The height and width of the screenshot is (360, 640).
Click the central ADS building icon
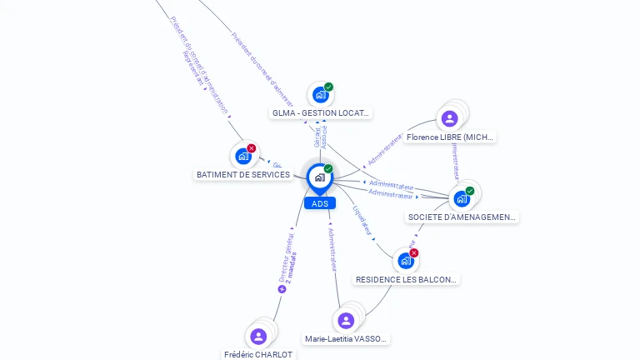pyautogui.click(x=319, y=177)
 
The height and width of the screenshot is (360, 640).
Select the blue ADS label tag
pyautogui.click(x=320, y=203)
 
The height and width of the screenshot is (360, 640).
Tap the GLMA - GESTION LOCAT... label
pyautogui.click(x=321, y=112)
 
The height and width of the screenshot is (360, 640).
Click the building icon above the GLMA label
pyautogui.click(x=320, y=95)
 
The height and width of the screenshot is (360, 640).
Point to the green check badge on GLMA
pyautogui.click(x=329, y=87)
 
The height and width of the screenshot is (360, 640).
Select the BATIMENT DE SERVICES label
pyautogui.click(x=243, y=175)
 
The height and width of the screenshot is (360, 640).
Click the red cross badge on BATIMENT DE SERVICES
pyautogui.click(x=252, y=148)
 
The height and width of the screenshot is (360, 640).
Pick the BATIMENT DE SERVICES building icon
pyautogui.click(x=242, y=156)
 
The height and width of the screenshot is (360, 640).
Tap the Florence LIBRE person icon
pyautogui.click(x=450, y=118)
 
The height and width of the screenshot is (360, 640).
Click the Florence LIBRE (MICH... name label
pyautogui.click(x=450, y=137)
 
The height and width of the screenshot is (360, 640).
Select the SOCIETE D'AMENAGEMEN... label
pyautogui.click(x=462, y=217)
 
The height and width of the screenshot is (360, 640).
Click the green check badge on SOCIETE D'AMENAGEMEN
pyautogui.click(x=470, y=191)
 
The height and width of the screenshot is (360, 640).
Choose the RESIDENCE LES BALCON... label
pyautogui.click(x=406, y=280)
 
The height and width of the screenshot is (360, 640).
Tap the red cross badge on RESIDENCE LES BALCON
pyautogui.click(x=414, y=252)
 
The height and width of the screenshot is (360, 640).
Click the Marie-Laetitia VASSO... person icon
pyautogui.click(x=346, y=321)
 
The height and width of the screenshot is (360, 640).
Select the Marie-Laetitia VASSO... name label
pyautogui.click(x=346, y=339)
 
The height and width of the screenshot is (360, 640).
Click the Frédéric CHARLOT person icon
pyautogui.click(x=258, y=336)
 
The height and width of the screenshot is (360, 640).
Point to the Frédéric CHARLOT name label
pyautogui.click(x=258, y=354)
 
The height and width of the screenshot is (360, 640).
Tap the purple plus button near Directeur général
pyautogui.click(x=282, y=289)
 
